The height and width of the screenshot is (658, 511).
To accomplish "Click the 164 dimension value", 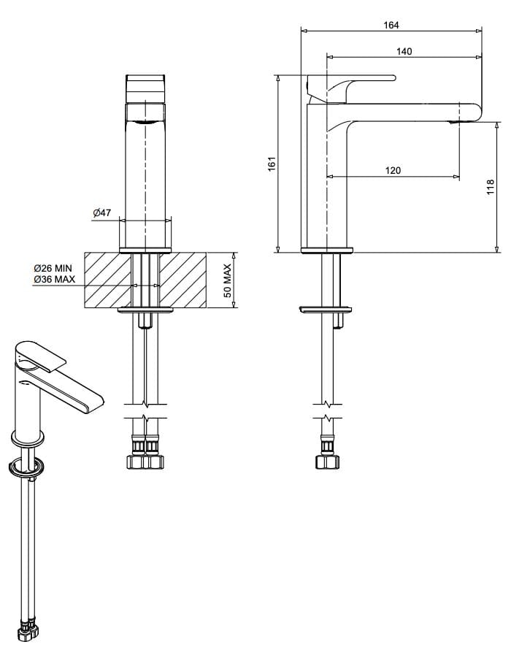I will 391,25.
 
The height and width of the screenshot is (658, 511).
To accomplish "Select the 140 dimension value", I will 404,51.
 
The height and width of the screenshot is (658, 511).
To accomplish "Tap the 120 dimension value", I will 393,170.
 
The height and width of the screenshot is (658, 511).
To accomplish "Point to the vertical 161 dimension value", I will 272,164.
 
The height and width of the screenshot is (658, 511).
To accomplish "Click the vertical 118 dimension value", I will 491,188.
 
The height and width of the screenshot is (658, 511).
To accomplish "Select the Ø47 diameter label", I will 102,213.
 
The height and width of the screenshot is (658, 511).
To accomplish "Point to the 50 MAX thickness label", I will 227,280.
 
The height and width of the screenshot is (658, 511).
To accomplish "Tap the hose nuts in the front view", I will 146,461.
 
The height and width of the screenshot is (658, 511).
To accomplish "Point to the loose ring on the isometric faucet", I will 29,467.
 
